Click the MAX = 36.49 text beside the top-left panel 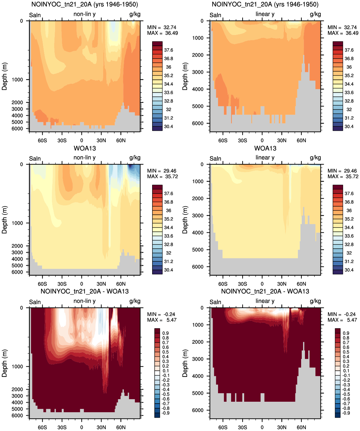point(162,33)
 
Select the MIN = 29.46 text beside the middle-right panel point(343,171)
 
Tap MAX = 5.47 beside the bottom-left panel point(161,320)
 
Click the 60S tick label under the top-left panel point(42,141)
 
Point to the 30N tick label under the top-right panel point(282,141)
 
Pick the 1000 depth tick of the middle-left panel point(17,223)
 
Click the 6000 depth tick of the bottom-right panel point(198,410)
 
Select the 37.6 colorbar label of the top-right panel point(349,50)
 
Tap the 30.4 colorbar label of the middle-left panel point(168,270)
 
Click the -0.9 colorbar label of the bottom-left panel point(166,413)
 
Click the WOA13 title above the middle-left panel point(85,148)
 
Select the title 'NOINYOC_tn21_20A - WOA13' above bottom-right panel point(265,291)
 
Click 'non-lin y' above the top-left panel point(84,14)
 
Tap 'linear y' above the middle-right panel point(265,158)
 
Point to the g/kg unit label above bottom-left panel point(135,301)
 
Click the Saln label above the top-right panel point(215,15)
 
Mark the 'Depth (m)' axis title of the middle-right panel point(185,220)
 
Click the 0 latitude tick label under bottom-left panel point(81,427)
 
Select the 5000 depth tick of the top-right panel point(198,107)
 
